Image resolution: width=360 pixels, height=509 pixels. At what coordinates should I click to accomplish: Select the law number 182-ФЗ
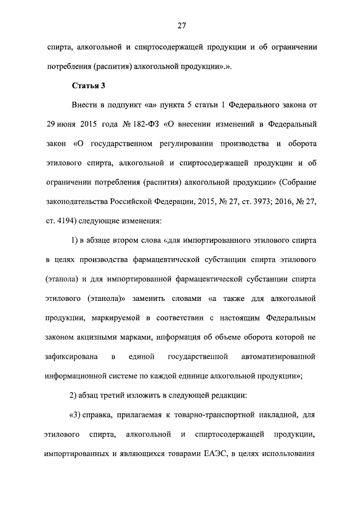pyautogui.click(x=130, y=123)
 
